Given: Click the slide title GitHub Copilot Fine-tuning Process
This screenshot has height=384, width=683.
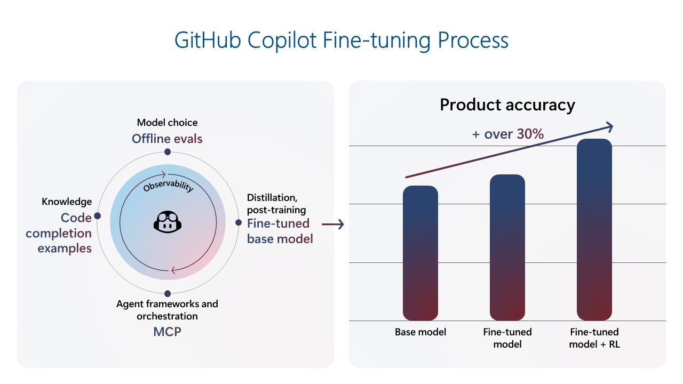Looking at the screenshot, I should (x=341, y=41).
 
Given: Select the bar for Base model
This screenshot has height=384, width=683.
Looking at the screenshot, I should (x=420, y=253).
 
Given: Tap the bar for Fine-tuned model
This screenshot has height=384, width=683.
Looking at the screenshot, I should (x=507, y=248).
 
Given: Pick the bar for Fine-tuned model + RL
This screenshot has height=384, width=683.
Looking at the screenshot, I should (x=594, y=230).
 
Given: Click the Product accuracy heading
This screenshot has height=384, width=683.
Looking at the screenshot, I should (x=507, y=105).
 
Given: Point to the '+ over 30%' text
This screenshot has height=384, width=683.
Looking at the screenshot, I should (x=508, y=134).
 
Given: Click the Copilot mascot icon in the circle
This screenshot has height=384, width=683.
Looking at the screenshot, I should (x=168, y=222).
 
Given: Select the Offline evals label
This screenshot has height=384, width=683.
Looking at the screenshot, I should (x=167, y=139).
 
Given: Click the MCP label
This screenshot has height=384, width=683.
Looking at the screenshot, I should (x=167, y=332).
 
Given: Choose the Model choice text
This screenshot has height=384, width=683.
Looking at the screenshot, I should (x=167, y=123).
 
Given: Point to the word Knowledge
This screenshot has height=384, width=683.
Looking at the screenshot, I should (x=67, y=202).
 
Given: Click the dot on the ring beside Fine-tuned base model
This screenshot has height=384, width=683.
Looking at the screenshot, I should (x=239, y=222).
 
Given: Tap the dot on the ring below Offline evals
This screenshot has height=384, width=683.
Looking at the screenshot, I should (x=168, y=152).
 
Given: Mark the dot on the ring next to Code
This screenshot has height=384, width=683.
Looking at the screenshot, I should (x=97, y=216).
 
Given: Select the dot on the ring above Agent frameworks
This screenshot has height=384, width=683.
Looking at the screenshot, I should (x=168, y=293).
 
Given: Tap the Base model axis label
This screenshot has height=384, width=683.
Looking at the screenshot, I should (x=420, y=332).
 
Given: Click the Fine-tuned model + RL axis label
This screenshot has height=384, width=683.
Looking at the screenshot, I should (x=594, y=338).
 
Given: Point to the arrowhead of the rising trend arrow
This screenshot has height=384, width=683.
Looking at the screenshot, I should (x=608, y=126).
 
